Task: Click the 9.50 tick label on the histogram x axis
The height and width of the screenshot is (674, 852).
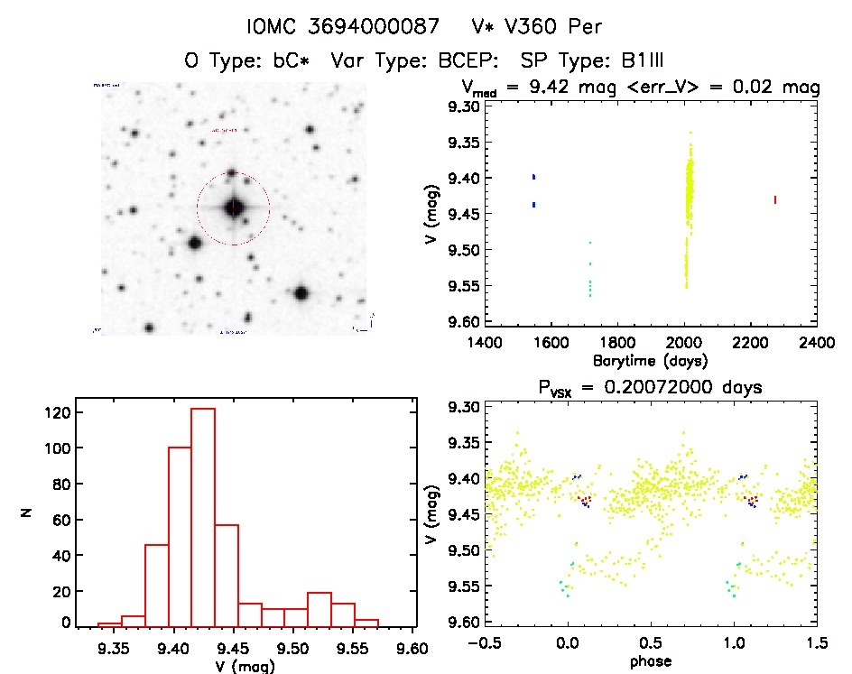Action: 294,647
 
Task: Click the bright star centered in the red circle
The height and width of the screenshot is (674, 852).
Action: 234,208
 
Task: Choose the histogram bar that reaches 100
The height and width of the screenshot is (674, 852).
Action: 180,536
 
